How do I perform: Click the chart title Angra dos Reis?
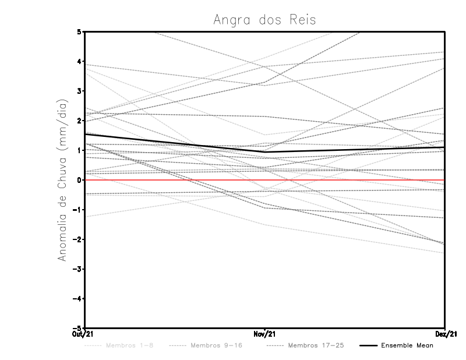coord(264,20)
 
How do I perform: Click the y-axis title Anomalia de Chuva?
coord(62,179)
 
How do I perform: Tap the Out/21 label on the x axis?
coord(84,334)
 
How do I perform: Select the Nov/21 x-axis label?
coord(264,334)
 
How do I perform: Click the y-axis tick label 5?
coord(79,31)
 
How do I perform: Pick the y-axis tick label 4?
coord(79,61)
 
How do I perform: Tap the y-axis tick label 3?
coord(79,91)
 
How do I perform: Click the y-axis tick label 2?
coord(79,121)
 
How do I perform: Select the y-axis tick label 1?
coord(79,150)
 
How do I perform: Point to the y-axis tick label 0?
coord(79,180)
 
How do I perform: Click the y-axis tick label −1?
coord(77,210)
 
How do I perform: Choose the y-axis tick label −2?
coord(77,239)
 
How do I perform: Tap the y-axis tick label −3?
coord(77,269)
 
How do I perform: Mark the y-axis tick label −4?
coord(77,299)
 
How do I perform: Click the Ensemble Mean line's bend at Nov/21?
coord(264,152)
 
